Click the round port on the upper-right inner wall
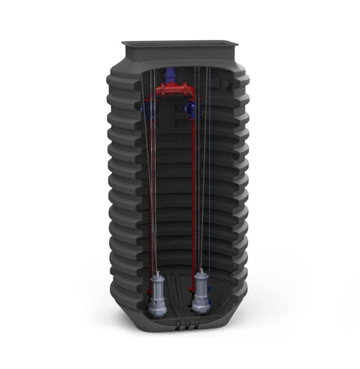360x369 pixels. pyautogui.click(x=225, y=83)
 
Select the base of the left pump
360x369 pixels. pyautogui.click(x=158, y=313)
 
